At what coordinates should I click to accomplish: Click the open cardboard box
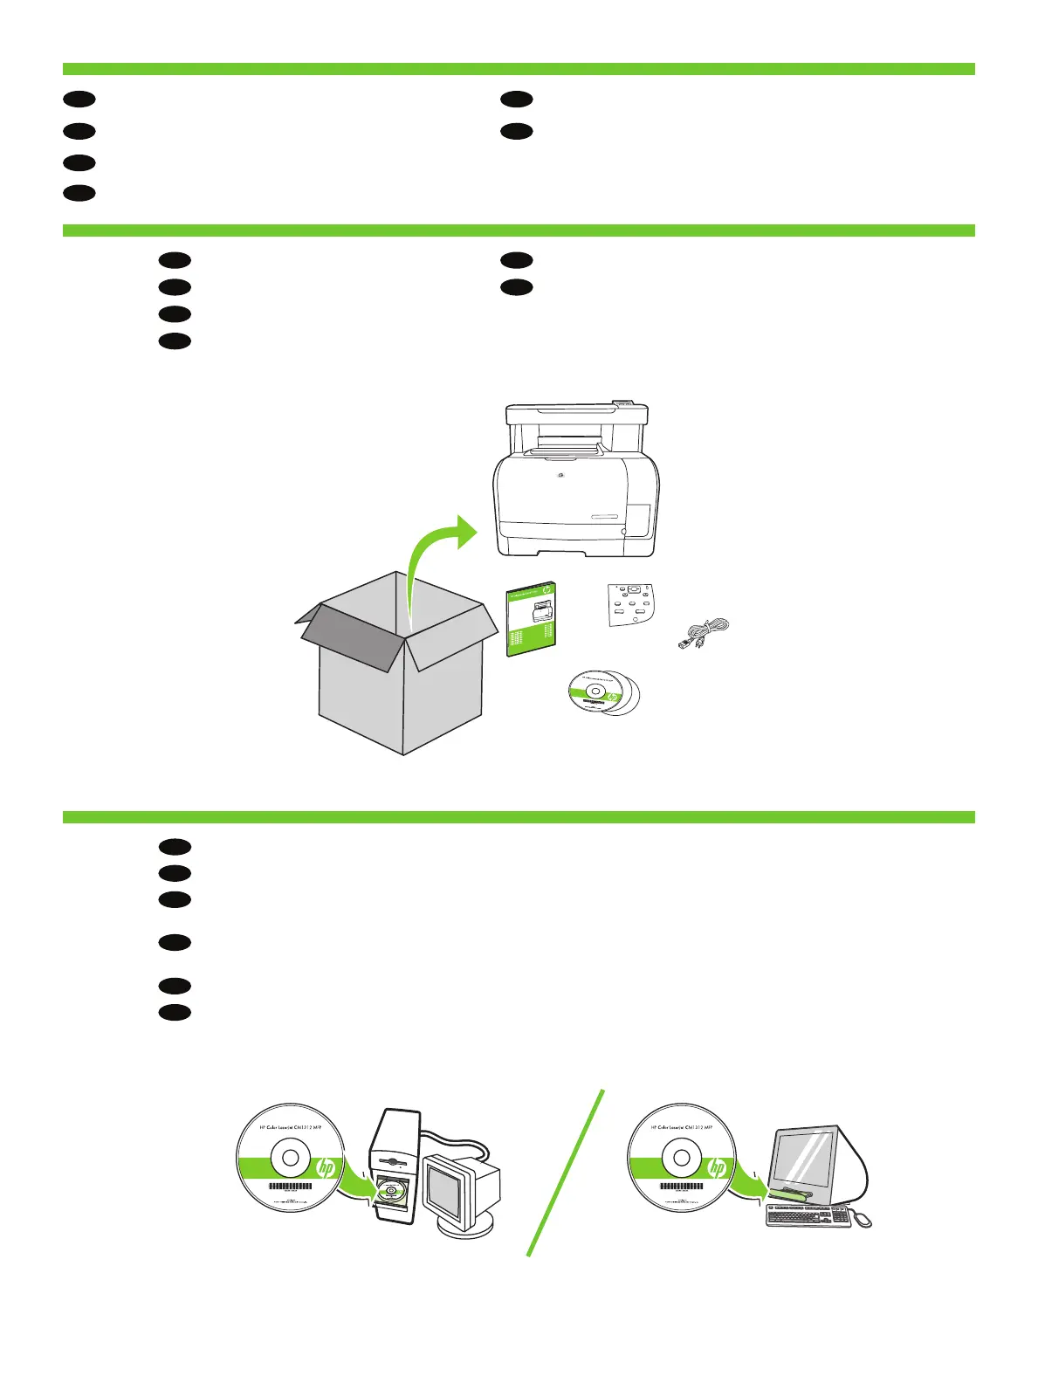[402, 690]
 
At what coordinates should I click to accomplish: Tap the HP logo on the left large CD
[327, 1167]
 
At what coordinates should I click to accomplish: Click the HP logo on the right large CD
[717, 1167]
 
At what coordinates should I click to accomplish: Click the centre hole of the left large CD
[291, 1159]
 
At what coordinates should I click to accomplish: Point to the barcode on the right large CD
[681, 1187]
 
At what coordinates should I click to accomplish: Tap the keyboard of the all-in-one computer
[808, 1215]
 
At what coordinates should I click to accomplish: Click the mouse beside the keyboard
[863, 1220]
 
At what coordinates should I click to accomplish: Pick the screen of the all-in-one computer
[808, 1160]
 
